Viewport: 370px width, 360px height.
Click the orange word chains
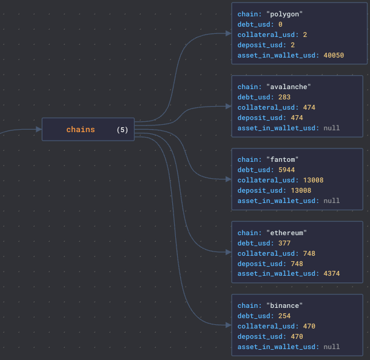pos(81,130)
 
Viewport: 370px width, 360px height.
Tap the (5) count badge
pos(123,130)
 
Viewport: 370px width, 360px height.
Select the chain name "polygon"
pos(284,15)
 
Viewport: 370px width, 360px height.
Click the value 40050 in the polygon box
pos(334,55)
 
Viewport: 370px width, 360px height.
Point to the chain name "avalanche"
pos(289,87)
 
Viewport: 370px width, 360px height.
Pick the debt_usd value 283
pos(284,97)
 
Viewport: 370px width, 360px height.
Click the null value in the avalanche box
pos(332,128)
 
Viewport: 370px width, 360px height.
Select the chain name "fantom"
pos(283,159)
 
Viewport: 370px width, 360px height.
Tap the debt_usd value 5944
pos(286,170)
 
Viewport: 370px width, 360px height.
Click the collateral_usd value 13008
pos(313,180)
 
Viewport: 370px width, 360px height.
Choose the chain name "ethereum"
pos(286,233)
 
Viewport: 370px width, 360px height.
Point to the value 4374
pos(332,273)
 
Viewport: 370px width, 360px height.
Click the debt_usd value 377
pos(284,243)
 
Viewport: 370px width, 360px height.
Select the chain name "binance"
pos(284,306)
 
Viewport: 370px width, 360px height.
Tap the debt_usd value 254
pos(284,316)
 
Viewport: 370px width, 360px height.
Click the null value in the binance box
pos(332,347)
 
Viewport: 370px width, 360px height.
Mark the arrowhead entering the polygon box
pos(229,33)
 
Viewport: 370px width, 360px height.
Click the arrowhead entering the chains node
pos(39,130)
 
